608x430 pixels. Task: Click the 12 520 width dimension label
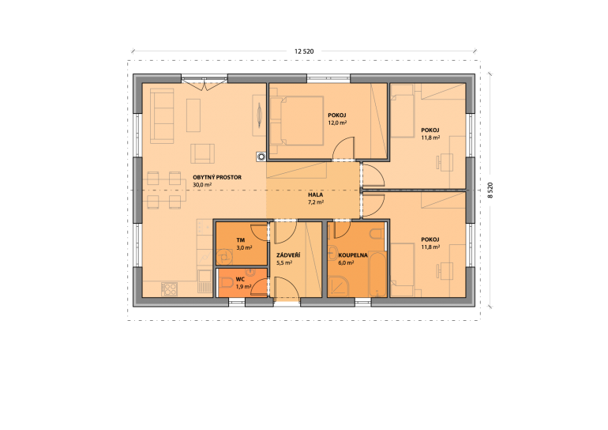click(x=304, y=51)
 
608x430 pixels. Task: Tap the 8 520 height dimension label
click(x=490, y=190)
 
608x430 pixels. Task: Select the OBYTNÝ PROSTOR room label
click(x=217, y=177)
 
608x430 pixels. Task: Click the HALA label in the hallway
click(x=316, y=194)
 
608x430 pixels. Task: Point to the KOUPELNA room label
click(x=353, y=255)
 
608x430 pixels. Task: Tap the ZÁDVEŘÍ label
click(x=288, y=255)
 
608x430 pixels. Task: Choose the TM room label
click(x=241, y=240)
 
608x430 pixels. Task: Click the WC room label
click(x=240, y=280)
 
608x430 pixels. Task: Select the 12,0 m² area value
click(x=337, y=123)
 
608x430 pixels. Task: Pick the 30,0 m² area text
click(x=202, y=185)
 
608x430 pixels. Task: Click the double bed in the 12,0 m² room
click(x=297, y=121)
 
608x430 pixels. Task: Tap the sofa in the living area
click(x=162, y=115)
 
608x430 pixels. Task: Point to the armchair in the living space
click(x=202, y=153)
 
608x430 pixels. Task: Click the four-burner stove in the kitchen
click(x=170, y=289)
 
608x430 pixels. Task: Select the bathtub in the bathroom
click(x=377, y=274)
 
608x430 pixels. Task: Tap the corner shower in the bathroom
click(x=338, y=286)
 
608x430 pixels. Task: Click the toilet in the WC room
click(x=226, y=282)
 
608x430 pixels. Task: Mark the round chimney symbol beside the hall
click(x=261, y=157)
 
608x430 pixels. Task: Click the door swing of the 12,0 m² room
click(x=343, y=148)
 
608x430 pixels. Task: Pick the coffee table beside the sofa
click(x=193, y=115)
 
